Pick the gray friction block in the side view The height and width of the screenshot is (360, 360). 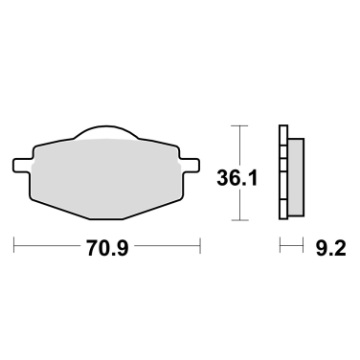[297, 174]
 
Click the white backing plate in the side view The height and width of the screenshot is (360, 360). [282, 173]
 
